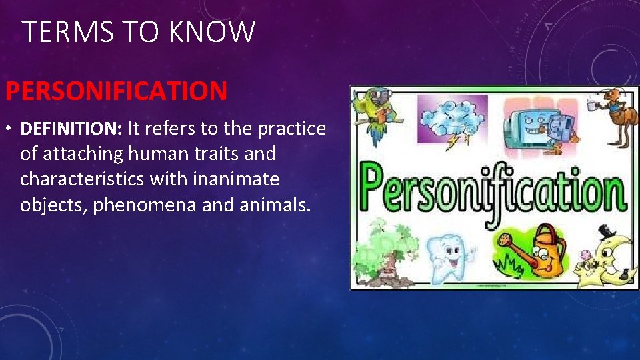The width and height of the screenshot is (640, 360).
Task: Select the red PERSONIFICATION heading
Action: [117, 91]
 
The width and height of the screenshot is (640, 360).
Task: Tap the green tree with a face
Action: [384, 250]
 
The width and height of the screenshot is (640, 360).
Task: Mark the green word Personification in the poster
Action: [493, 189]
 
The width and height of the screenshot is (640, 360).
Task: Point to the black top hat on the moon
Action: [607, 231]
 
